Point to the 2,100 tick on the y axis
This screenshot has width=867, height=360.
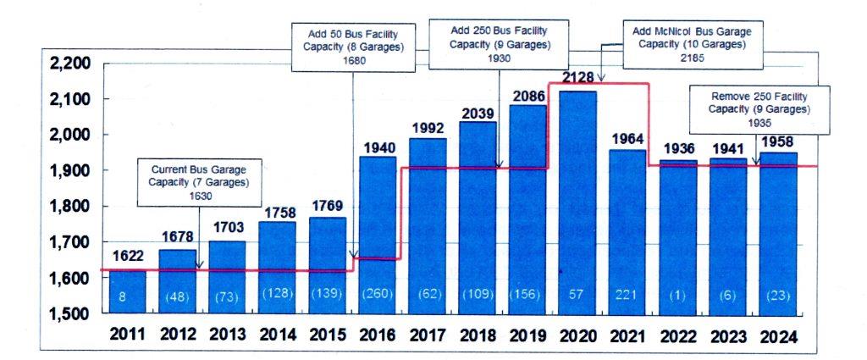click(x=69, y=100)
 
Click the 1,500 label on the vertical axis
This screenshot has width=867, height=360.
click(x=69, y=314)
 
